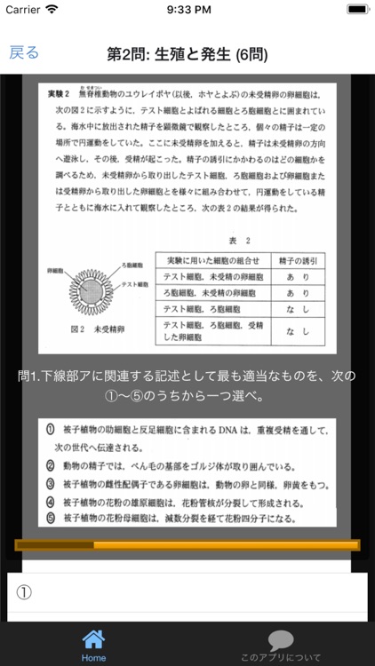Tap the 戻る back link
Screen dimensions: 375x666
[24, 52]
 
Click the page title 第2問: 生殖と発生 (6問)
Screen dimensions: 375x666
[187, 54]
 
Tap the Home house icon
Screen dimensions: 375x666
[93, 640]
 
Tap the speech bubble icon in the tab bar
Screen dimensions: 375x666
[281, 640]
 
